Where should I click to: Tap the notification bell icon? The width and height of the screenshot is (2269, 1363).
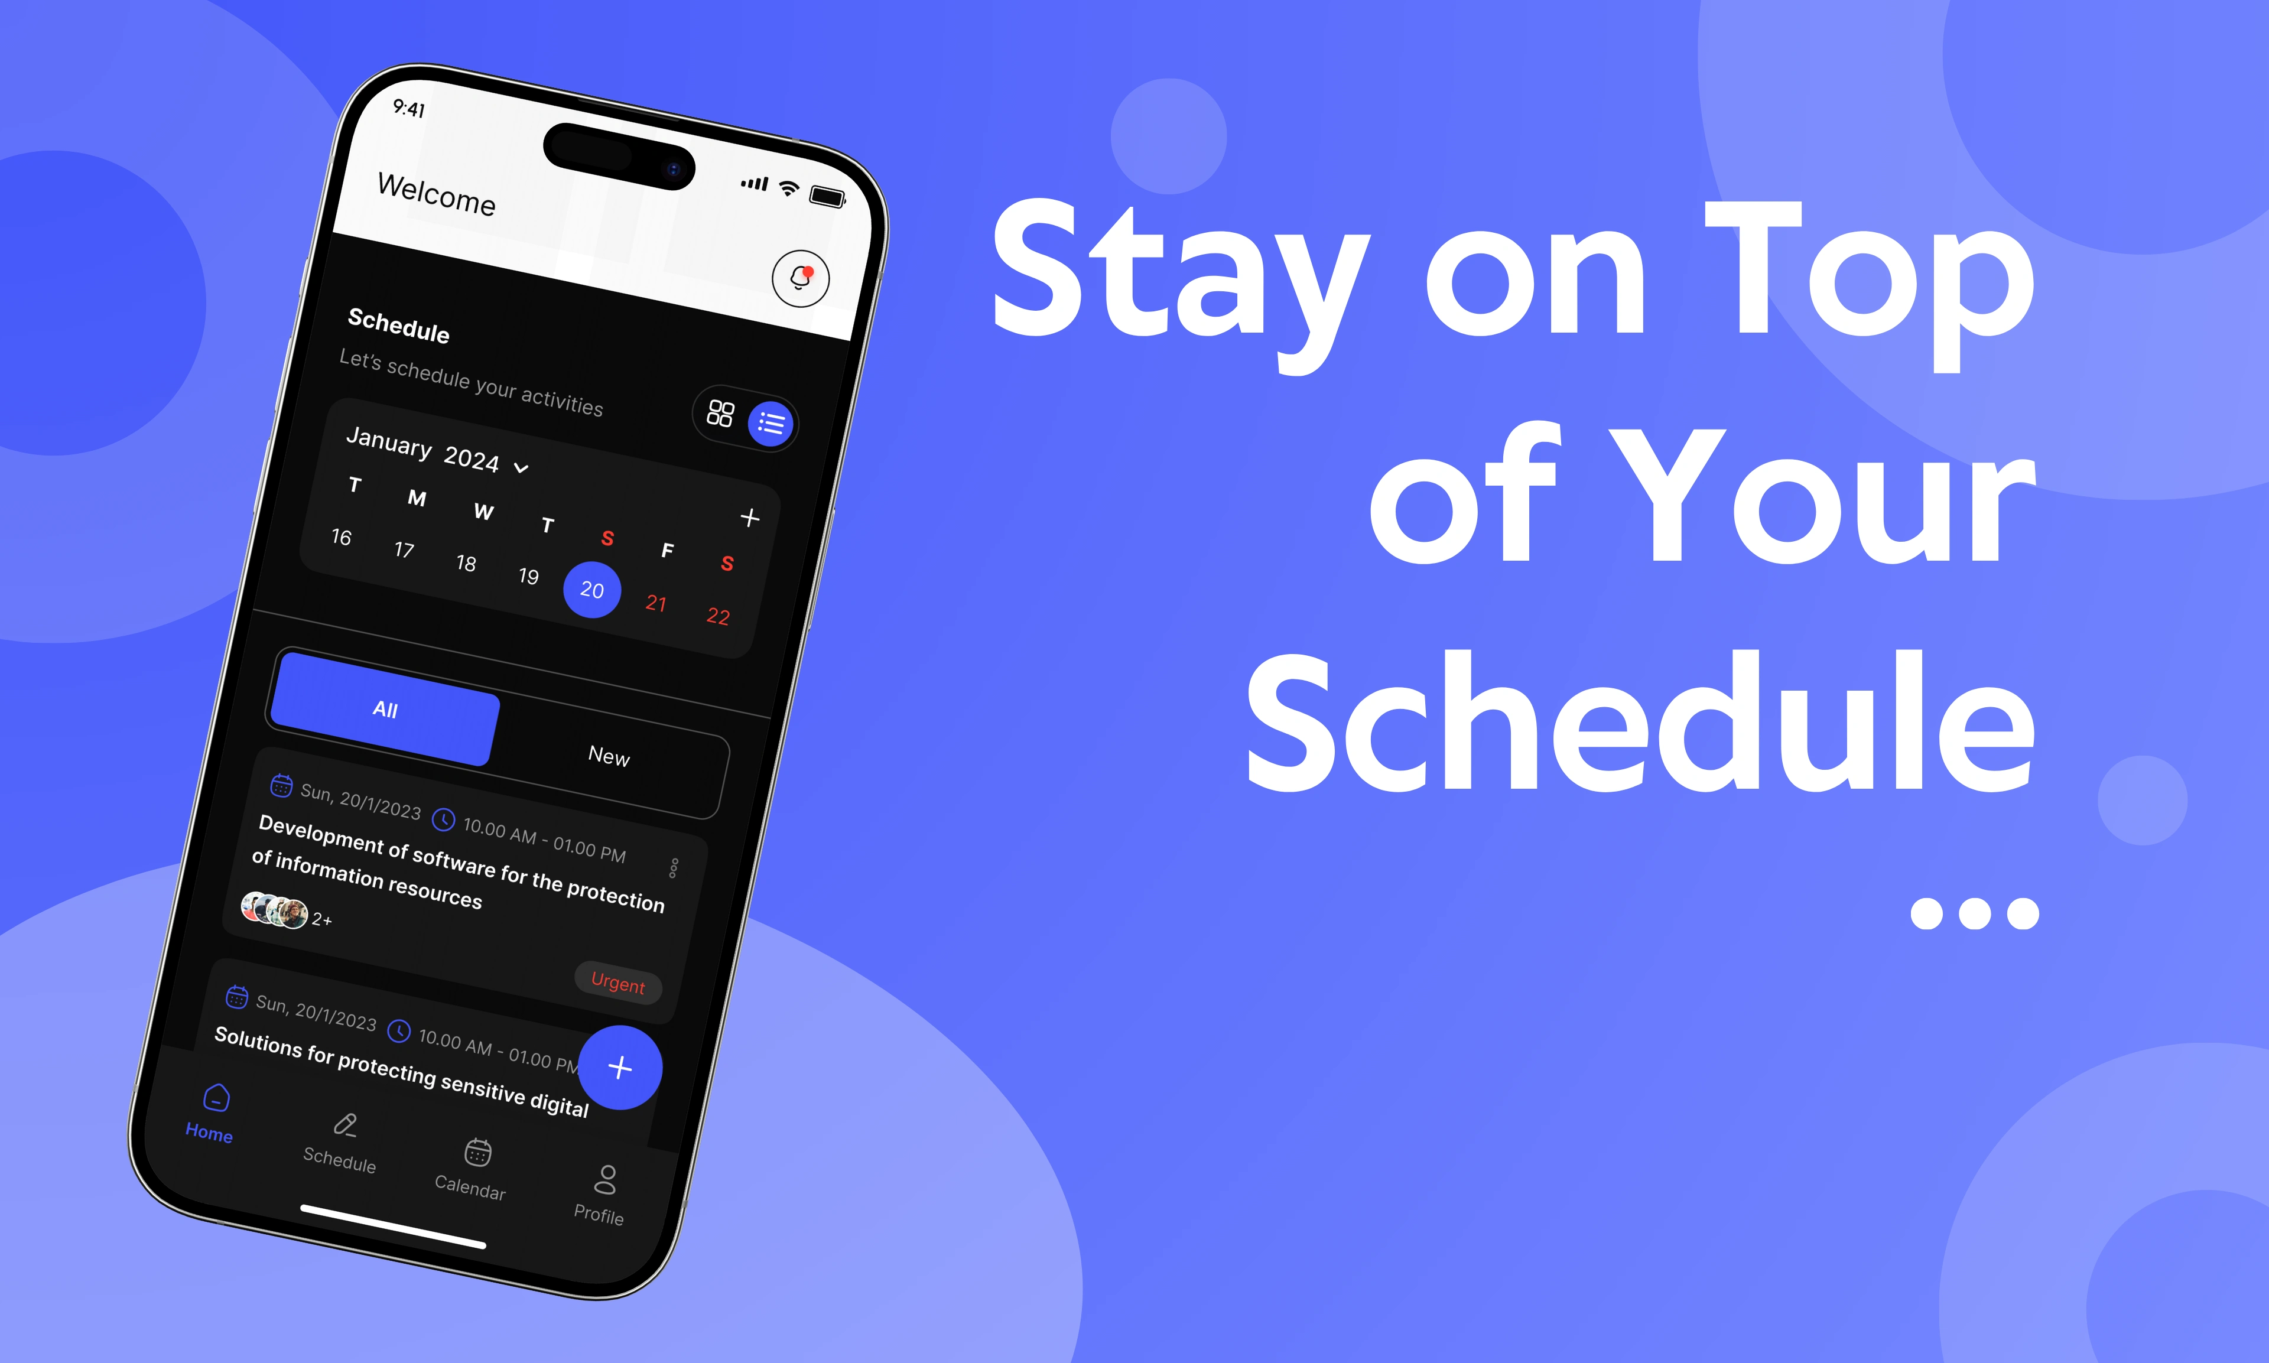(800, 277)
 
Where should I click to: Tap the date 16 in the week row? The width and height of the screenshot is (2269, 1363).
(342, 536)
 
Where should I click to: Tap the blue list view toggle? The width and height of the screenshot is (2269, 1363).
(771, 424)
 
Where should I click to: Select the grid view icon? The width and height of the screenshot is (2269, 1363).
(720, 414)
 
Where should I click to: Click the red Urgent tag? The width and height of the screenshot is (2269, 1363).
(618, 983)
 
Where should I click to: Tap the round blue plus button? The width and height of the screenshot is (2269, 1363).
(620, 1067)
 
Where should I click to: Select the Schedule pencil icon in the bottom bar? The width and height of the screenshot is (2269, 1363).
(344, 1125)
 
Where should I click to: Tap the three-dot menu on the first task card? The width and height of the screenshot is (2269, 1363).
(674, 868)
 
